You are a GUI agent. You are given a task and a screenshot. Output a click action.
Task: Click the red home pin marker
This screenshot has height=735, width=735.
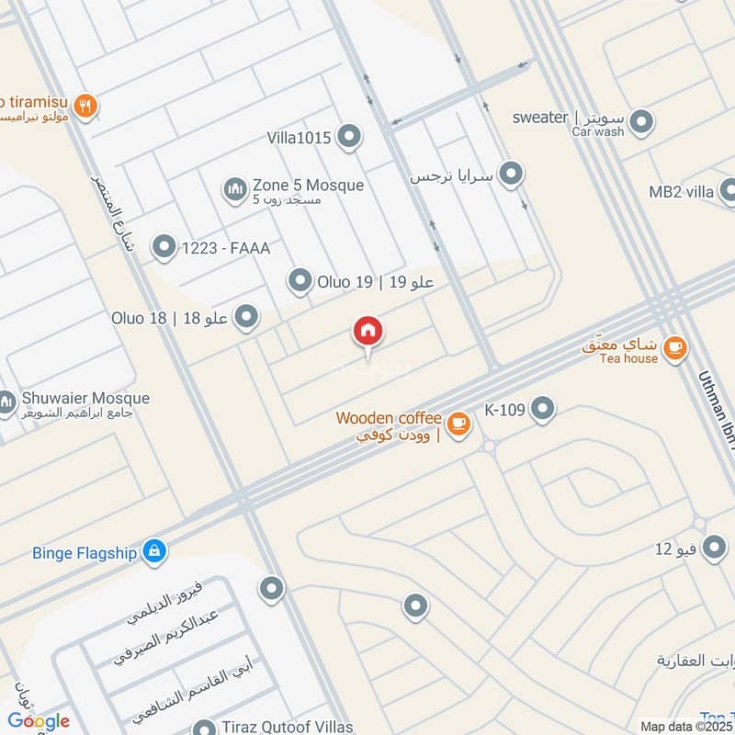click(x=367, y=333)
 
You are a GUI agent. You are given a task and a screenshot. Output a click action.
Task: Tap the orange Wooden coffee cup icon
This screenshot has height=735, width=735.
click(x=459, y=424)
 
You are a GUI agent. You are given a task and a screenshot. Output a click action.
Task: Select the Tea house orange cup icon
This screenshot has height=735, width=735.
click(x=675, y=347)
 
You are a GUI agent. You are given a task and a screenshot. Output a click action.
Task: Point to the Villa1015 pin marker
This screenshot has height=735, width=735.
click(x=348, y=138)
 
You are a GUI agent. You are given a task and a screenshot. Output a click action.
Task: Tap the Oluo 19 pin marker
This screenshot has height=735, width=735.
click(x=300, y=281)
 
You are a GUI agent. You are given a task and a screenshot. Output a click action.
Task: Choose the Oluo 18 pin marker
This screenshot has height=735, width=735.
click(x=245, y=318)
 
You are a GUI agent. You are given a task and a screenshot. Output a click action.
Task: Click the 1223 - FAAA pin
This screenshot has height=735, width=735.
click(x=164, y=246)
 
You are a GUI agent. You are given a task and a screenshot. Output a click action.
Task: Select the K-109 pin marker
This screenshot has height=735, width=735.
click(x=543, y=409)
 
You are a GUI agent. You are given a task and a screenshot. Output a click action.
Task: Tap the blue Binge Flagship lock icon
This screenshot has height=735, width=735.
click(x=154, y=551)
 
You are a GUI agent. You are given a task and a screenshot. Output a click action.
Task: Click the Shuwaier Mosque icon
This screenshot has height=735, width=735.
click(x=7, y=402)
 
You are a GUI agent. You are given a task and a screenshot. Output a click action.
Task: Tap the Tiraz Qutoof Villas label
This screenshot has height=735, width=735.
click(x=287, y=727)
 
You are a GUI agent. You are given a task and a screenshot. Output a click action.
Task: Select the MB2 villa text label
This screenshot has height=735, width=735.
click(x=681, y=192)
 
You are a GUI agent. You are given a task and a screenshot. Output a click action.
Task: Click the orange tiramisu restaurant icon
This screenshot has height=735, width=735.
click(x=85, y=107)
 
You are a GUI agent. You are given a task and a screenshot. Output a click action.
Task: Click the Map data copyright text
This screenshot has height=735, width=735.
click(x=685, y=726)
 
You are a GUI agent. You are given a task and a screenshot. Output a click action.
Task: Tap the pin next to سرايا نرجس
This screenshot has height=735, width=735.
click(x=511, y=174)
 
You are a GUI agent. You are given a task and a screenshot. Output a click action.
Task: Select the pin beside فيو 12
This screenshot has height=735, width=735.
click(x=714, y=549)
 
